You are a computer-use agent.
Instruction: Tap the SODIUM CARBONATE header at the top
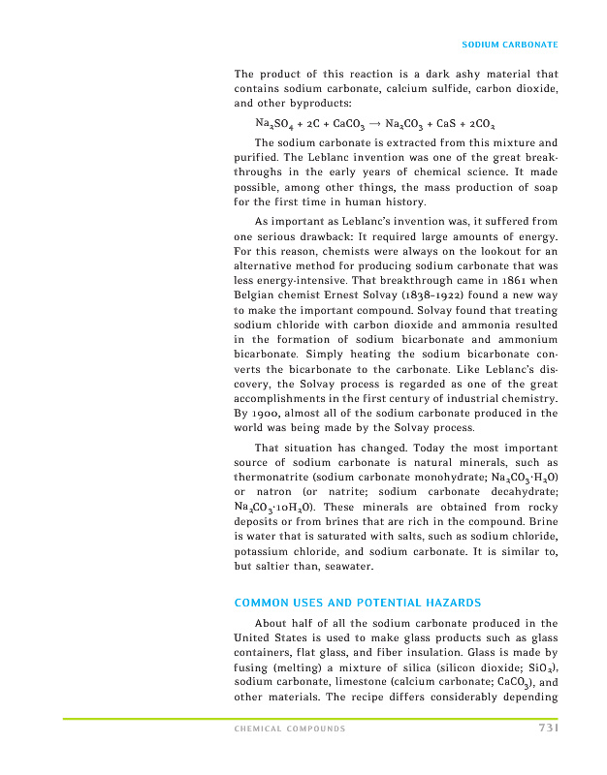tap(510, 46)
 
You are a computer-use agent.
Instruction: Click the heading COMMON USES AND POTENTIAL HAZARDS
tap(358, 603)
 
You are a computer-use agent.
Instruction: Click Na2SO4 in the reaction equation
tap(273, 124)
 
